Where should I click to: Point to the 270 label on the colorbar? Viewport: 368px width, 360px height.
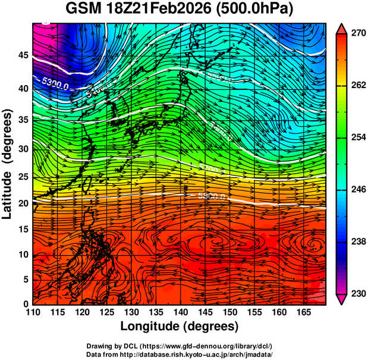pos(357,34)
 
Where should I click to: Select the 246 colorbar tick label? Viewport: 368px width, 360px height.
pos(357,189)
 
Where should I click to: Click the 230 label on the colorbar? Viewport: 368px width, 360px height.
pos(357,293)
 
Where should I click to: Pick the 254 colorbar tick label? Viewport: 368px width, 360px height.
pos(357,137)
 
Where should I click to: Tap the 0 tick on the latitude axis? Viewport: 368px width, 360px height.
pos(25,304)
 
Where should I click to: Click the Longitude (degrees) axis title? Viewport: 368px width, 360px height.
pos(179,326)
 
